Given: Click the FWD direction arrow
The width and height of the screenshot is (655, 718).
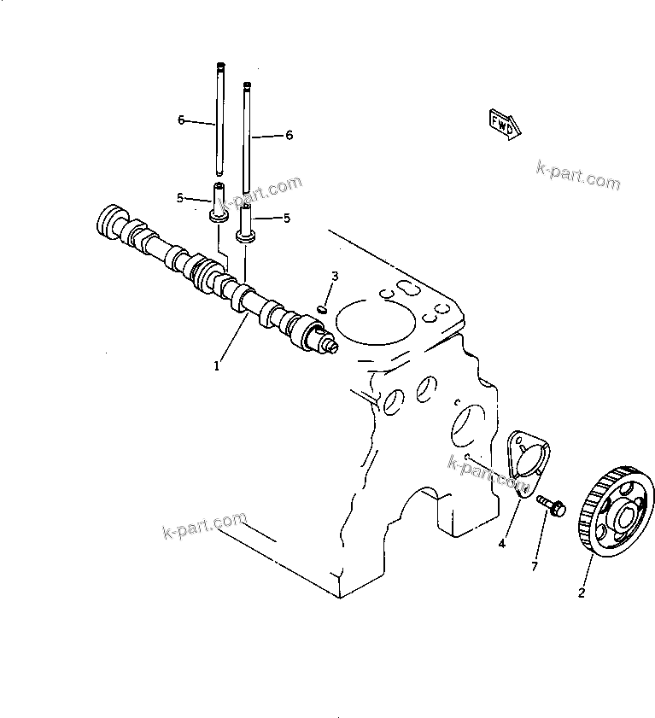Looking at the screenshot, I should click(x=503, y=124).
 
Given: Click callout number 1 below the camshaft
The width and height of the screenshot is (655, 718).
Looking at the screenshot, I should click(x=217, y=365).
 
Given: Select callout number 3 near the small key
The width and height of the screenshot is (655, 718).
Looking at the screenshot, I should click(x=335, y=276).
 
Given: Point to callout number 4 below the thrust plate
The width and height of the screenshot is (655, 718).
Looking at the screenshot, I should click(x=502, y=543).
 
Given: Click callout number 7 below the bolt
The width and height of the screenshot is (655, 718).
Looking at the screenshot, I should click(x=535, y=566).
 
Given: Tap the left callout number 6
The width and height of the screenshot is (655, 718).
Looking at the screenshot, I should click(x=181, y=120).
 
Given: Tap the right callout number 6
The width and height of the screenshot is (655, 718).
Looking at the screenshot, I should click(x=289, y=135).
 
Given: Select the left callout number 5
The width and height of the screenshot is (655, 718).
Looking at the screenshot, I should click(x=180, y=198).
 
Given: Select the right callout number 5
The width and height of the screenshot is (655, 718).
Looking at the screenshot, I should click(x=287, y=218).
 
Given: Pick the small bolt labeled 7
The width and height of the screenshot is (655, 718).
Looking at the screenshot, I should click(x=551, y=506).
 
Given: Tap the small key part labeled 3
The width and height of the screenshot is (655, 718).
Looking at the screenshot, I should click(x=323, y=309).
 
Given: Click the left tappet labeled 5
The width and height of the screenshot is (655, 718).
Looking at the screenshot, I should click(x=219, y=205).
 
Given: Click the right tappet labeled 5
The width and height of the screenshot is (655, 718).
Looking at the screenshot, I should click(x=246, y=224).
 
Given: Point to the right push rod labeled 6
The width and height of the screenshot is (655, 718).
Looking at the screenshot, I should click(x=247, y=137).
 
